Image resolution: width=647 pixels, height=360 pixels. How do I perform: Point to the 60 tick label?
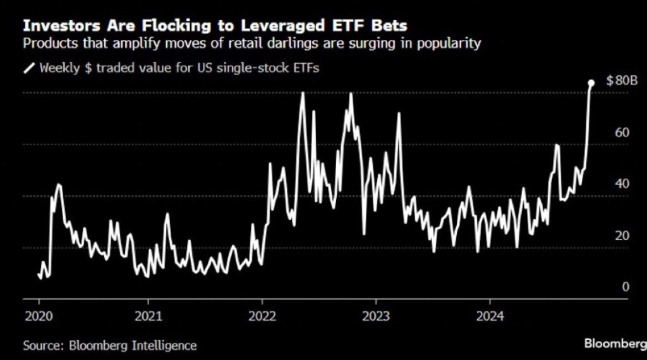click(622, 133)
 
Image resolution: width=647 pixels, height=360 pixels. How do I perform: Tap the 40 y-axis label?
click(622, 184)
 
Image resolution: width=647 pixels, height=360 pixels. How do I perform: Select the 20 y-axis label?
click(622, 236)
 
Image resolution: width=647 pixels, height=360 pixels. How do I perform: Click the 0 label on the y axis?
click(626, 287)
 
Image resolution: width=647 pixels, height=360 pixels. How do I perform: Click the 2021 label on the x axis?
click(148, 316)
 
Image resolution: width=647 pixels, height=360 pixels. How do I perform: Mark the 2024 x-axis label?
click(491, 316)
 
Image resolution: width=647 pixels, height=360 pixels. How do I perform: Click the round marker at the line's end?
click(591, 83)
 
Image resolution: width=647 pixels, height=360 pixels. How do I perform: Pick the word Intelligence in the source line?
click(165, 345)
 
